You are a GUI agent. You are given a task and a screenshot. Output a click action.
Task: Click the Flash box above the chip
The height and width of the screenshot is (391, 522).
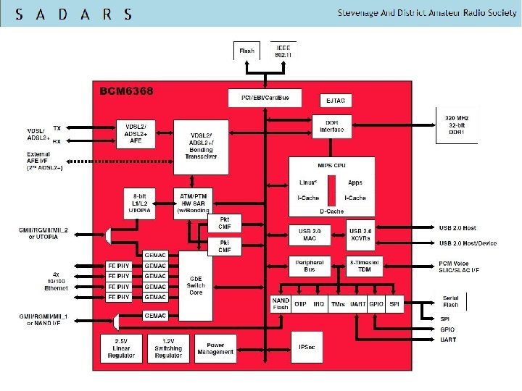coord(246,50)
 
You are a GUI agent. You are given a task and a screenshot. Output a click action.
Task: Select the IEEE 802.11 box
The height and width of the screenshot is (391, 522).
coord(283,49)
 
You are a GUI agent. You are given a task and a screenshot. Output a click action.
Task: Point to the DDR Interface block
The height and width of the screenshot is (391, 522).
coord(332,126)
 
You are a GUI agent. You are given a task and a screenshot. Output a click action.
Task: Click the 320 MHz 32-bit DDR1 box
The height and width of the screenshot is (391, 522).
coord(457,126)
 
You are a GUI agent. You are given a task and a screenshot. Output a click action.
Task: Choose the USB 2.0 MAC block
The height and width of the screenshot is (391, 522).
coord(310,235)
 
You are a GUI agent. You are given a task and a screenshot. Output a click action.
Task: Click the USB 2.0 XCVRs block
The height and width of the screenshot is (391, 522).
coord(360,235)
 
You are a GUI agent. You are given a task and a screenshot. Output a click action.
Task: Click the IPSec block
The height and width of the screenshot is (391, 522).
coord(306,348)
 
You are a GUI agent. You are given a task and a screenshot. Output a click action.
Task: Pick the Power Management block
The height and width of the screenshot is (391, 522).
coord(215,348)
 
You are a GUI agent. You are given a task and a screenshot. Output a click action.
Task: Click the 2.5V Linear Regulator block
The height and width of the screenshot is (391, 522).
coord(120,348)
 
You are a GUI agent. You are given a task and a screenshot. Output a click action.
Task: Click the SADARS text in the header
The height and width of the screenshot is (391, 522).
coord(73,14)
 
